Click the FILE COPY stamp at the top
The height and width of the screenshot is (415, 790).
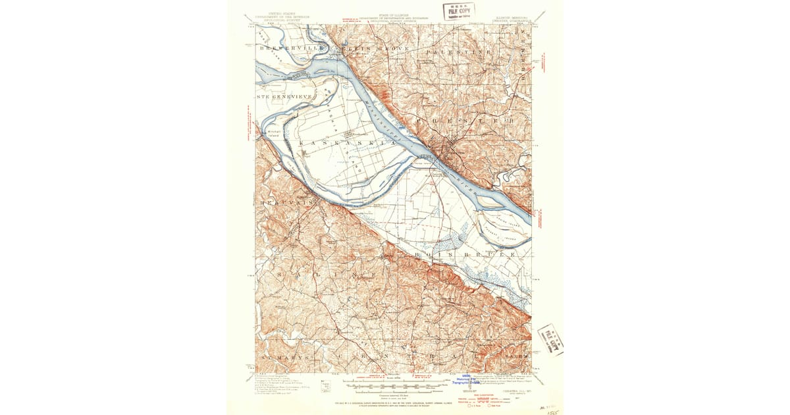pos(458,11)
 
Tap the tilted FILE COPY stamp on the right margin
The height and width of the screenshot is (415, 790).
pos(550,339)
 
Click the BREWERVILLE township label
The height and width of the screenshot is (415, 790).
pos(285,49)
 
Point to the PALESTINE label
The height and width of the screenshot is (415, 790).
pos(459,51)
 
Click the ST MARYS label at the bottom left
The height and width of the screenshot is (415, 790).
pos(284,357)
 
